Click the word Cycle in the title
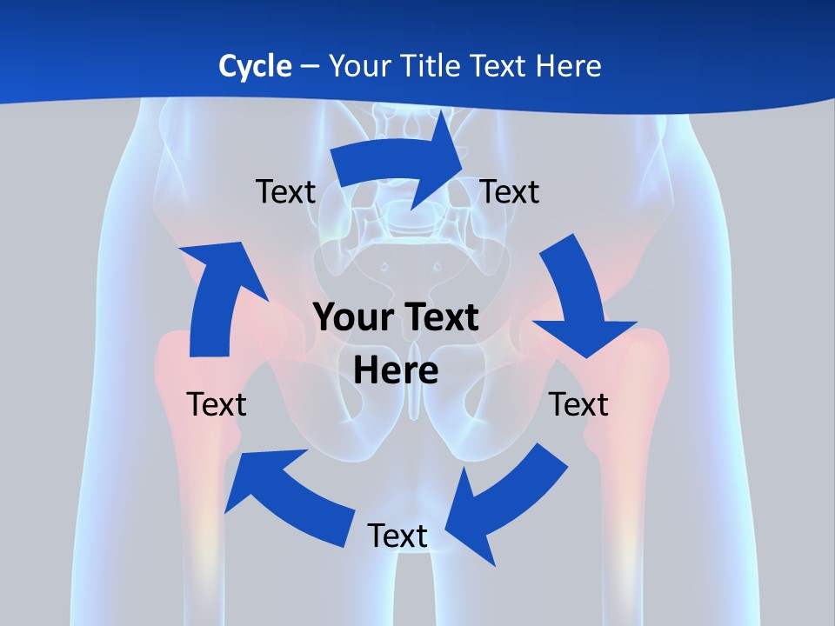(x=255, y=66)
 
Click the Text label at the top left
(x=285, y=191)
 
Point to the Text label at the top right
(x=510, y=191)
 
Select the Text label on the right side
(x=578, y=404)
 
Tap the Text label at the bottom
(x=397, y=536)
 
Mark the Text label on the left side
(x=217, y=404)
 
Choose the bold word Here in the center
(x=396, y=371)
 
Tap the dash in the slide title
(x=309, y=66)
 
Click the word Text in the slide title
(x=498, y=66)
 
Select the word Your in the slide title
(x=359, y=66)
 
